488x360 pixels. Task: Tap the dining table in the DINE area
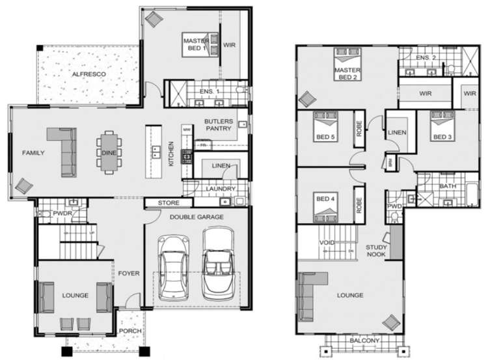click(x=107, y=152)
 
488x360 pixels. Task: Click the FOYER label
click(x=128, y=273)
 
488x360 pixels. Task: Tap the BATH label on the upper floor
click(x=447, y=187)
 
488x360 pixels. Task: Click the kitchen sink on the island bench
click(x=157, y=153)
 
